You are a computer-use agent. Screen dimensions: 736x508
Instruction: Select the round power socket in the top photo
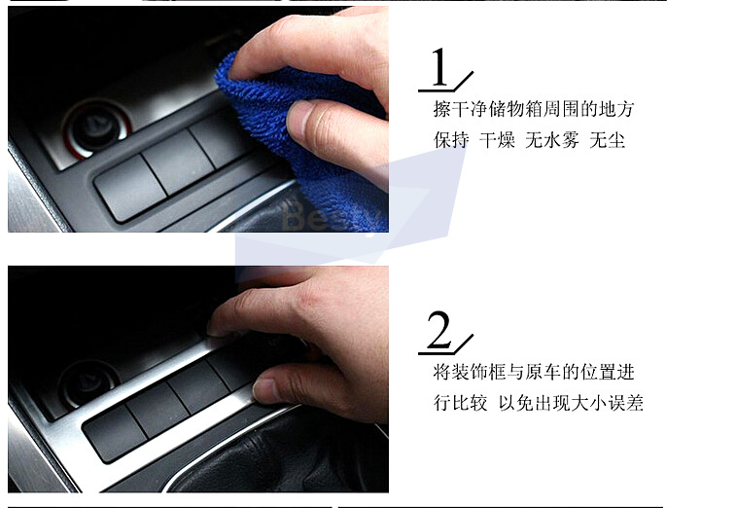click(97, 125)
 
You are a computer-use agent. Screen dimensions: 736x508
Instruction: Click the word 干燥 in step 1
click(497, 140)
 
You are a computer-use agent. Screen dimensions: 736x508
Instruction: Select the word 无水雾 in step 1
click(552, 140)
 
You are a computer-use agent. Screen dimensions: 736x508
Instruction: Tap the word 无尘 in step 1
click(607, 140)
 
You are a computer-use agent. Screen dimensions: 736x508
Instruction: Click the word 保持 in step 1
click(451, 140)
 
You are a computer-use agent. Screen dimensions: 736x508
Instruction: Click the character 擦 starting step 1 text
click(442, 109)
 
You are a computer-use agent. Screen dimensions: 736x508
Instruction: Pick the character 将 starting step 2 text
click(442, 372)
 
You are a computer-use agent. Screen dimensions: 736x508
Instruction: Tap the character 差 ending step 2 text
click(635, 403)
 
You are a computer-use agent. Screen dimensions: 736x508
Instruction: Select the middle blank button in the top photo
click(178, 162)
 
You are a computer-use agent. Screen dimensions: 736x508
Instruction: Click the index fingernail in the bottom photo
click(217, 327)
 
